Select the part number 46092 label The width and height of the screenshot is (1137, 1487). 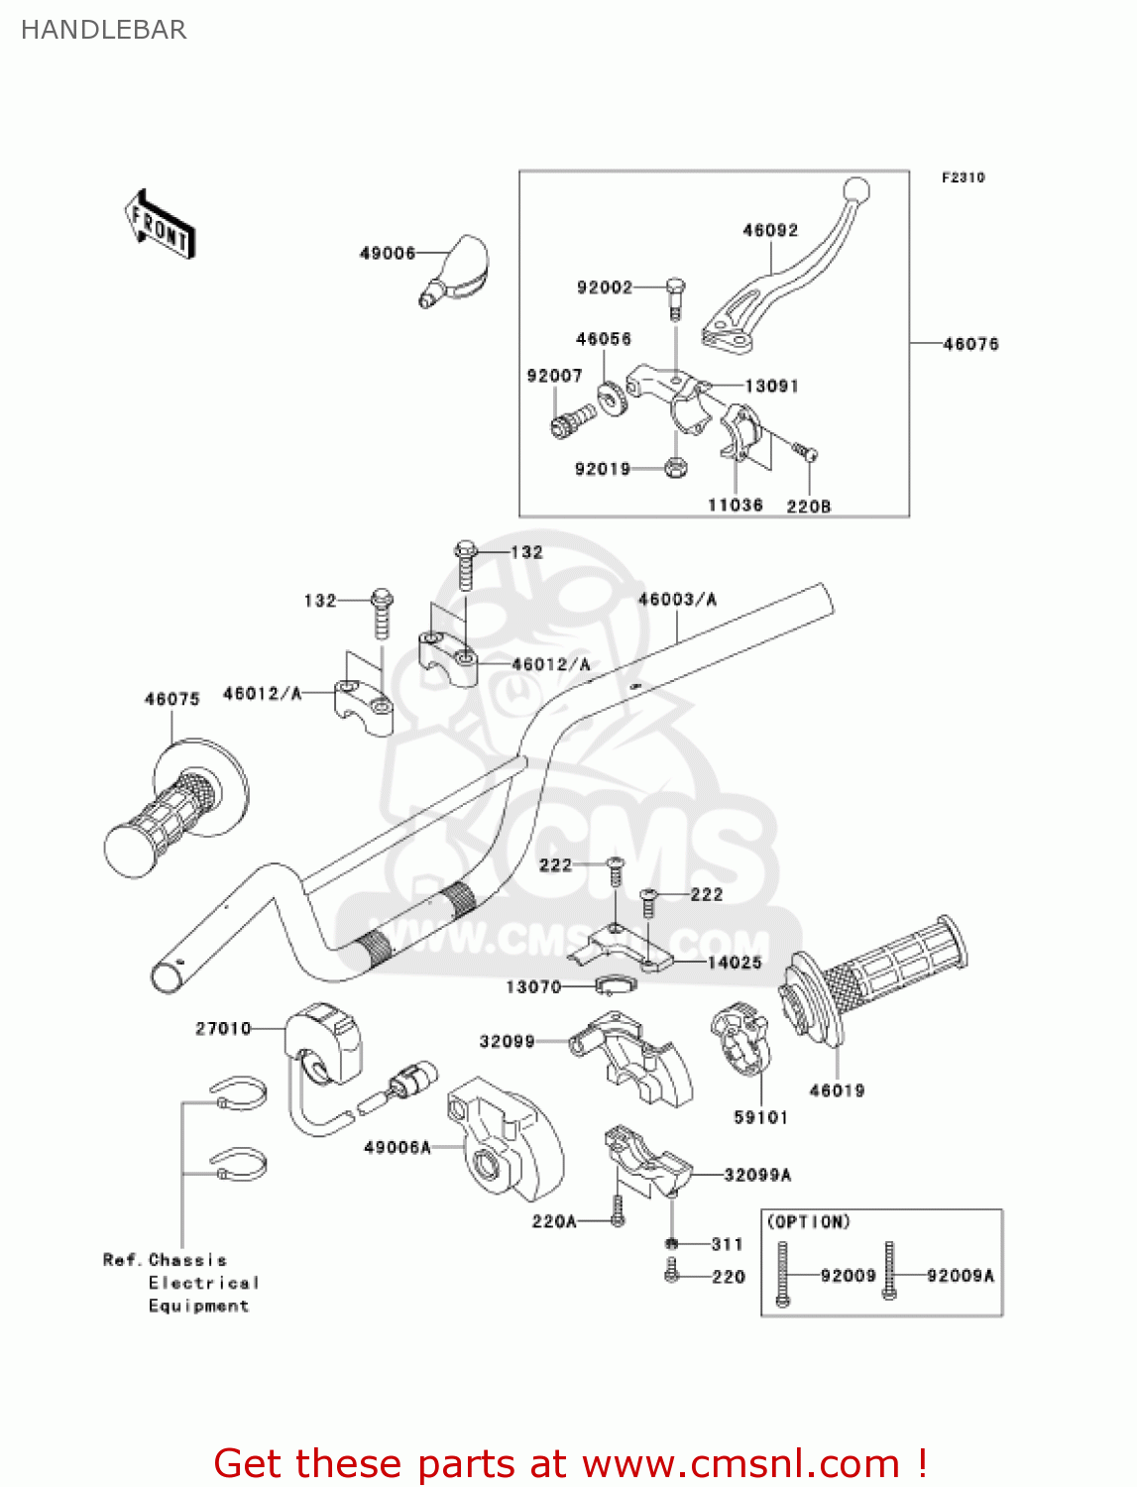click(x=770, y=230)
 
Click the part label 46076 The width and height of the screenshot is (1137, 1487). click(x=970, y=344)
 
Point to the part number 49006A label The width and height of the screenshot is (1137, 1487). click(x=398, y=1147)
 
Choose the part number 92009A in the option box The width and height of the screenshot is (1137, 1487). click(x=960, y=1276)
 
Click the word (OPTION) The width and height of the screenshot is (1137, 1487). click(x=809, y=1222)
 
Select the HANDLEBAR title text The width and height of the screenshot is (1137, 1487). click(x=104, y=30)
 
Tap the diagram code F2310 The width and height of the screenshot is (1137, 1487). click(x=963, y=177)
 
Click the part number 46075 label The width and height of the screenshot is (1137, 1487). click(x=172, y=699)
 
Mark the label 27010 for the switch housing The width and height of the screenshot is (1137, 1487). click(x=223, y=1029)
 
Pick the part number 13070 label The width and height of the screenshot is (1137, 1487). click(x=533, y=987)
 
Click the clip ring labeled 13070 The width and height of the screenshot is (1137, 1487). click(x=615, y=985)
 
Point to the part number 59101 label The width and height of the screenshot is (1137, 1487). click(x=760, y=1117)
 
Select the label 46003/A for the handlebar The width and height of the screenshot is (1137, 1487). click(x=677, y=599)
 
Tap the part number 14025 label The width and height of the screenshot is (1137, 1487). click(x=735, y=963)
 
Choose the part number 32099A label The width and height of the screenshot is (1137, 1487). click(x=757, y=1175)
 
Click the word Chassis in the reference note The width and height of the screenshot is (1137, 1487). click(x=187, y=1260)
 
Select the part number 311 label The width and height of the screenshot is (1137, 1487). click(x=727, y=1244)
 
